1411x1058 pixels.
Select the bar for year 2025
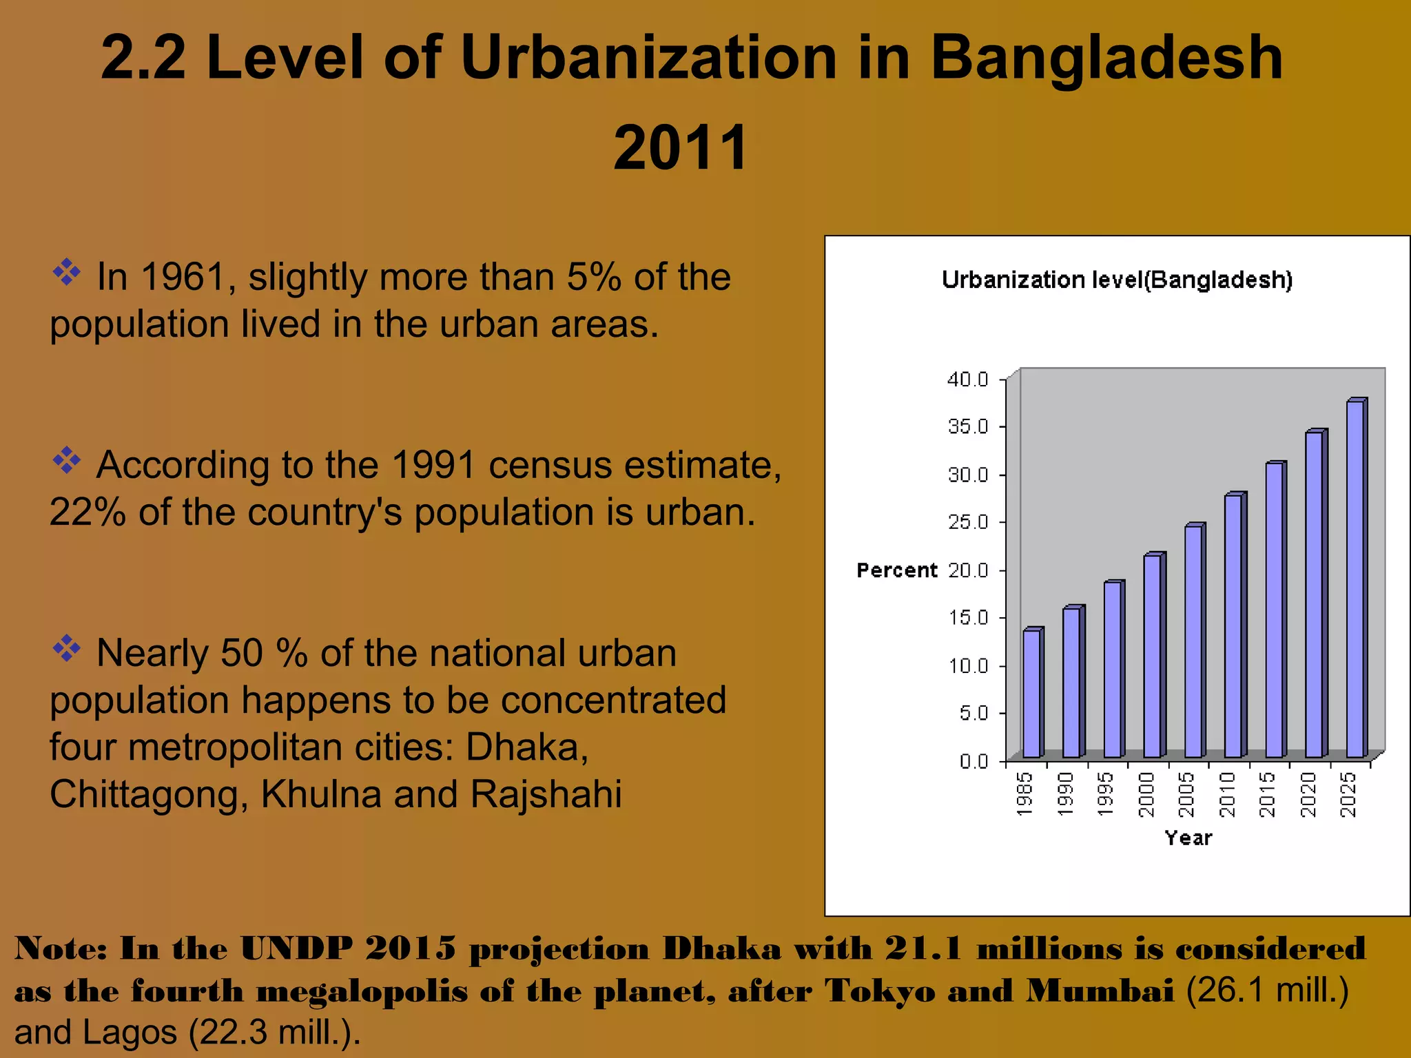[1355, 579]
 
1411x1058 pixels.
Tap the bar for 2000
[1152, 656]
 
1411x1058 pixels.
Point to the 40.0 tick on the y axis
[968, 380]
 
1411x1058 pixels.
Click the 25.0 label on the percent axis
[968, 522]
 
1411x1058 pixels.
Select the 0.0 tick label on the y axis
[973, 761]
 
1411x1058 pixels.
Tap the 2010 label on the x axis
[1227, 794]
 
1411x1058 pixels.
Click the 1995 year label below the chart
[1105, 794]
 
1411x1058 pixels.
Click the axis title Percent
[896, 570]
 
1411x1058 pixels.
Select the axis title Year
[1188, 838]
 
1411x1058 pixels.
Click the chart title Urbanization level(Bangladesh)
[1117, 280]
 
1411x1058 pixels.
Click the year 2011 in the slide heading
[681, 147]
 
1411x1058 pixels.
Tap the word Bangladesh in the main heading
[1106, 58]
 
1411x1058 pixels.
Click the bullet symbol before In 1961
[67, 272]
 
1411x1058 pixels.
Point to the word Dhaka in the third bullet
[527, 747]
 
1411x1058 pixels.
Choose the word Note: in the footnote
[61, 949]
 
